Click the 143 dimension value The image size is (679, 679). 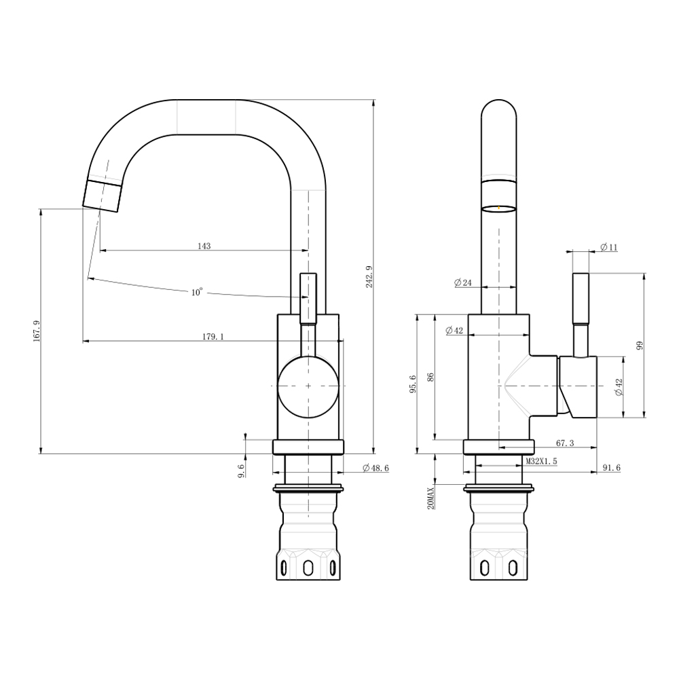(x=204, y=246)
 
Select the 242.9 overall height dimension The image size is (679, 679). (x=369, y=277)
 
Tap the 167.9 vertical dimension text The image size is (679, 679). (x=37, y=331)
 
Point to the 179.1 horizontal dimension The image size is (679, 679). (x=213, y=337)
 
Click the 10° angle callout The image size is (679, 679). (x=197, y=292)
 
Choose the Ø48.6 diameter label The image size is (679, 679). (x=376, y=468)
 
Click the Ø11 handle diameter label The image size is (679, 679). (x=609, y=247)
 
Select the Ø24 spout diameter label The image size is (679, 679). (x=462, y=282)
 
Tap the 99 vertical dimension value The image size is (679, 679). (x=640, y=345)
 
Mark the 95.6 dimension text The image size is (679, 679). (x=413, y=384)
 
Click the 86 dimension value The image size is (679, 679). (x=430, y=377)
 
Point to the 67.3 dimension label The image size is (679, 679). (x=565, y=443)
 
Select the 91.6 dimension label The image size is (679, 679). (x=612, y=468)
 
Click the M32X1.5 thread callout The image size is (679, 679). (x=541, y=462)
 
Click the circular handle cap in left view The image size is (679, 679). (x=308, y=386)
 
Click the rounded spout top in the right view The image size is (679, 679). (x=499, y=108)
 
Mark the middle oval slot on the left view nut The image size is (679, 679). (x=308, y=568)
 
